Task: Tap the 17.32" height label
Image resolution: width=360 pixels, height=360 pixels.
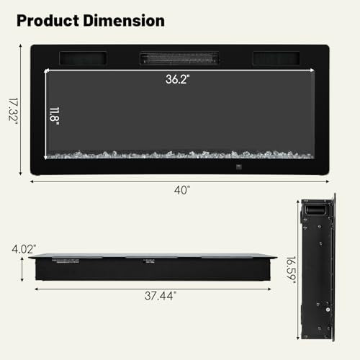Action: tap(13, 109)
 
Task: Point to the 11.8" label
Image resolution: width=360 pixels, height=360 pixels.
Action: tap(55, 114)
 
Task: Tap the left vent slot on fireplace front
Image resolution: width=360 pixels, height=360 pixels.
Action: tap(85, 58)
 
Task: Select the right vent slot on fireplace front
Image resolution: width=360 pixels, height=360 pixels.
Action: tap(276, 58)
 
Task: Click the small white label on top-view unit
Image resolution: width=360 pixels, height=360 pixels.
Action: tap(150, 261)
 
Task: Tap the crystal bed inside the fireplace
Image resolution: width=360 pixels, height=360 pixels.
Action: tap(180, 154)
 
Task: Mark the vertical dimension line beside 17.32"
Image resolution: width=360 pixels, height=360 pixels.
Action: tap(22, 109)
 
